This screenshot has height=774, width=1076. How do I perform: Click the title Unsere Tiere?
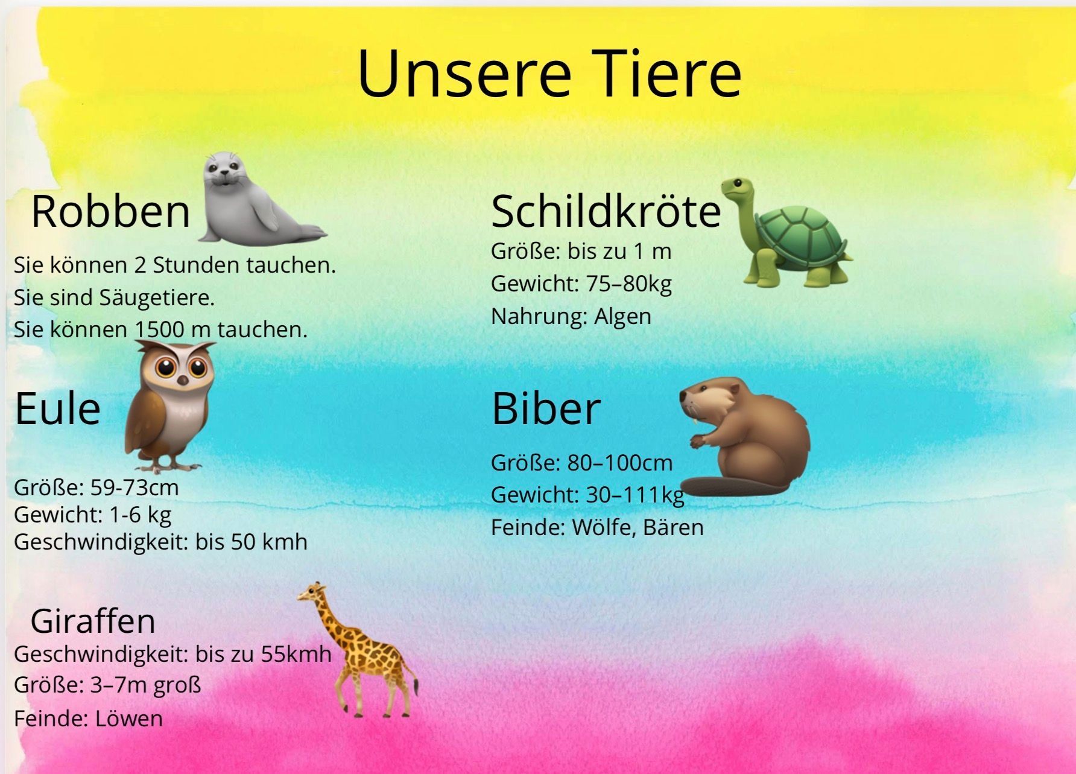pyautogui.click(x=549, y=73)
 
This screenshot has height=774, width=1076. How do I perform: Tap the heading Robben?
pyautogui.click(x=110, y=211)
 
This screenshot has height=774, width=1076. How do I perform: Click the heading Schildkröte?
pyautogui.click(x=606, y=211)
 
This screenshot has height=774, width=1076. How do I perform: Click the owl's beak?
pyautogui.click(x=183, y=379)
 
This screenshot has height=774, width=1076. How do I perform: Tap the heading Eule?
pyautogui.click(x=57, y=408)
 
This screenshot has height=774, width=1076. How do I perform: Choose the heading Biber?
pyautogui.click(x=546, y=408)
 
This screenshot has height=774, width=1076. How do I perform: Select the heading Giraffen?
pyautogui.click(x=93, y=621)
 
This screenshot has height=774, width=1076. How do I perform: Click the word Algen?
pyautogui.click(x=622, y=317)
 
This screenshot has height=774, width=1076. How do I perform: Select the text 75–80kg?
pyautogui.click(x=629, y=284)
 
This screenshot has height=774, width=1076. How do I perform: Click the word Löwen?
pyautogui.click(x=129, y=718)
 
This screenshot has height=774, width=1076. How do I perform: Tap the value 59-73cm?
pyautogui.click(x=134, y=487)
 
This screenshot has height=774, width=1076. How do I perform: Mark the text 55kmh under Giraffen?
pyautogui.click(x=296, y=654)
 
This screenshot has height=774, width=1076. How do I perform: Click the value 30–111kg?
pyautogui.click(x=636, y=495)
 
